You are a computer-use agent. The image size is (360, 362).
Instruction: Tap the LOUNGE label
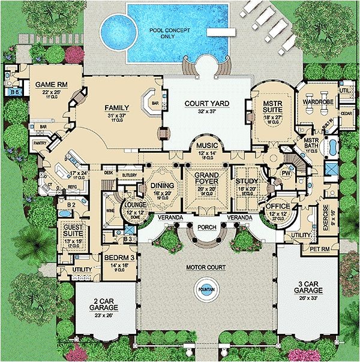(x=132, y=204)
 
